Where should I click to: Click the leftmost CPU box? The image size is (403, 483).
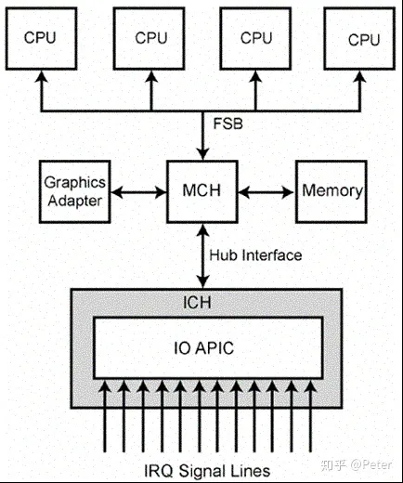point(39,38)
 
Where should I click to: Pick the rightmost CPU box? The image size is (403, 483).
point(363,38)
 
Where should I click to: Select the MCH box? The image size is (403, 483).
point(201,189)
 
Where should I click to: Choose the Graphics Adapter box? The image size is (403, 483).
point(73,189)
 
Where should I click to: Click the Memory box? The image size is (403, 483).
point(331,189)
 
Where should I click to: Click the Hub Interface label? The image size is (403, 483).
point(254,255)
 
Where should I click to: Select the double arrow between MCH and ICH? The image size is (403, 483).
point(201,255)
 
